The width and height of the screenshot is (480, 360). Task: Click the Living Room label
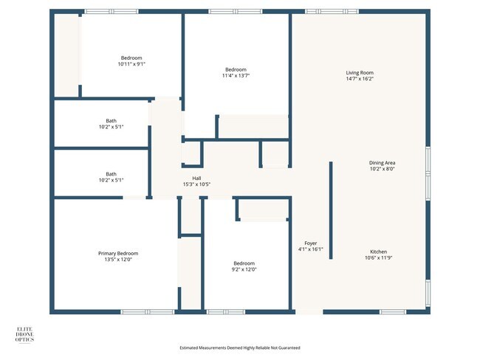pyautogui.click(x=360, y=72)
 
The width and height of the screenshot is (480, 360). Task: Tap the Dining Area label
pyautogui.click(x=382, y=162)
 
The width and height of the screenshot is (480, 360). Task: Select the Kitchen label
pyautogui.click(x=380, y=252)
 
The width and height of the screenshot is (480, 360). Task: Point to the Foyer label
pyautogui.click(x=311, y=243)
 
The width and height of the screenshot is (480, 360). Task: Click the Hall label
pyautogui.click(x=196, y=178)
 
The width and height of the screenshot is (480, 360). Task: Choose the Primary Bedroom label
pyautogui.click(x=118, y=253)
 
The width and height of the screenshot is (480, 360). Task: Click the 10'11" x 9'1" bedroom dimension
pyautogui.click(x=131, y=64)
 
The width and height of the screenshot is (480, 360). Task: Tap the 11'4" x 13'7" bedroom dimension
pyautogui.click(x=236, y=75)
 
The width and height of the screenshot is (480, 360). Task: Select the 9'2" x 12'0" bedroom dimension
pyautogui.click(x=244, y=269)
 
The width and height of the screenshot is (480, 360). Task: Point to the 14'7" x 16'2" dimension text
pyautogui.click(x=360, y=79)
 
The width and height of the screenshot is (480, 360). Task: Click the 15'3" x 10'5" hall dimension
pyautogui.click(x=196, y=184)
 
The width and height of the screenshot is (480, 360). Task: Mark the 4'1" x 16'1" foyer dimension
pyautogui.click(x=311, y=249)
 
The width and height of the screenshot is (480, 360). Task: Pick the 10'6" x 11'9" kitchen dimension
pyautogui.click(x=380, y=258)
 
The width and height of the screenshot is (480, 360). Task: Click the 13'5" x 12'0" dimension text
pyautogui.click(x=118, y=260)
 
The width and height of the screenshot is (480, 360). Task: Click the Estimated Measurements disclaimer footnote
pyautogui.click(x=240, y=347)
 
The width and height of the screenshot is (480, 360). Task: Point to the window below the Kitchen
pyautogui.click(x=392, y=312)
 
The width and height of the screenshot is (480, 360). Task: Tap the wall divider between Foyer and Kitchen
pyautogui.click(x=330, y=210)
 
